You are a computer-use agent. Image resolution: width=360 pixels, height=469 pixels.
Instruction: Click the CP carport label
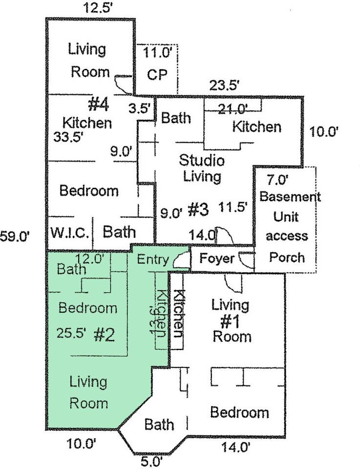coord(157,74)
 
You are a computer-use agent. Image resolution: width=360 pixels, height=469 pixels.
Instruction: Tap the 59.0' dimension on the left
coord(15,236)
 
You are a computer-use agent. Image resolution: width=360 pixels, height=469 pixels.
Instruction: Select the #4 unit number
coord(99,104)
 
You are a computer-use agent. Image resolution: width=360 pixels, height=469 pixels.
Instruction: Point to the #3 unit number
coord(198,210)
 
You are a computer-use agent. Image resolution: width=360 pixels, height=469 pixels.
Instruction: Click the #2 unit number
coord(104,335)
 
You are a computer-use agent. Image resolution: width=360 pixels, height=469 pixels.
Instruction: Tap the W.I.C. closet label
coord(70,233)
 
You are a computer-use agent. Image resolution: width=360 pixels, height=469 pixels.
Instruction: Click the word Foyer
coord(216,258)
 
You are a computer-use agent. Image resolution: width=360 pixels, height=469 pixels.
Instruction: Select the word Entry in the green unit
coord(153,259)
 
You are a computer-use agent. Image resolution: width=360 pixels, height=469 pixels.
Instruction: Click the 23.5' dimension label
coord(224,85)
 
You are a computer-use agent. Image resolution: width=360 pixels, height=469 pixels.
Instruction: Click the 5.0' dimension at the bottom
coord(152,462)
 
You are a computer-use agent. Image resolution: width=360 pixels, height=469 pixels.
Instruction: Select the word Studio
coord(202,160)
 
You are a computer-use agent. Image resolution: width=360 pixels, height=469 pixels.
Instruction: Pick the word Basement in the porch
coord(290,196)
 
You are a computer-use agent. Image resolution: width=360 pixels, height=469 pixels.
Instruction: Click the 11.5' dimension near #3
coord(233,207)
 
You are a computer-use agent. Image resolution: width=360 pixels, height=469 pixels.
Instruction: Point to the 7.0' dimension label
coord(277,180)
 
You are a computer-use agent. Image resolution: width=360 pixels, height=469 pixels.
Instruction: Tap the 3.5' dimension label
coord(140,108)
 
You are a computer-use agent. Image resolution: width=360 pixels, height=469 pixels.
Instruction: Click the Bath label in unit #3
coord(176,118)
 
